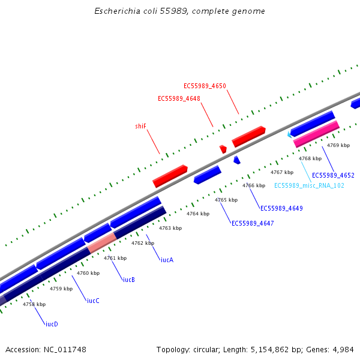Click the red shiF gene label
click(x=141, y=126)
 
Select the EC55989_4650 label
click(x=205, y=86)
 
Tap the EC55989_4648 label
click(x=179, y=98)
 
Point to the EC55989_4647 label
click(x=253, y=223)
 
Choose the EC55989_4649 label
click(x=281, y=208)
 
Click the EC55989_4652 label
click(x=333, y=175)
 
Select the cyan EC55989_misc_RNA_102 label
click(x=309, y=185)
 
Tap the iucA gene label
click(x=167, y=260)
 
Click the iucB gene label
click(x=129, y=280)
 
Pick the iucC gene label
click(x=93, y=301)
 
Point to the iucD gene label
click(x=52, y=324)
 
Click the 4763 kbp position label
click(x=170, y=228)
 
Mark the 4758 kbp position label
click(x=34, y=304)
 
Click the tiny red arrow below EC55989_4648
click(x=223, y=149)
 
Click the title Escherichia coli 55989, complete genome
click(x=180, y=11)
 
